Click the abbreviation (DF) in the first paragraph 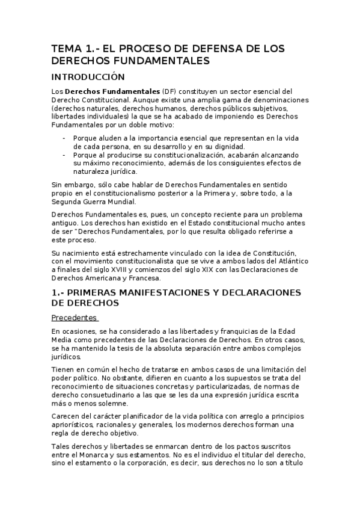[162, 91]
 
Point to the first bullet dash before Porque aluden [64, 138]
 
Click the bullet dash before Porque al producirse [64, 155]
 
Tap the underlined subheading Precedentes [74, 317]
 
